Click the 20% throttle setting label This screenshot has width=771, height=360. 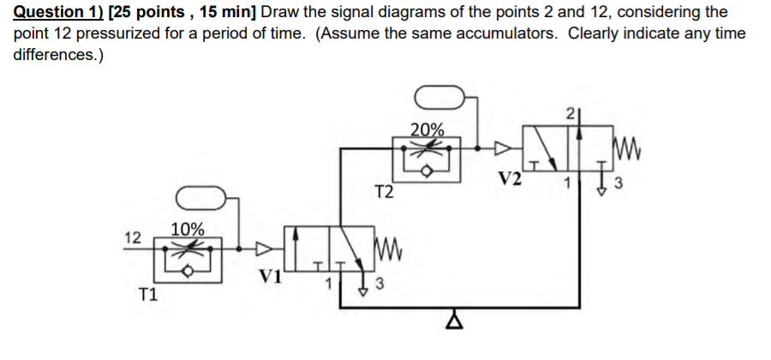427,130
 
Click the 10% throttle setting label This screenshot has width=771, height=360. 188,229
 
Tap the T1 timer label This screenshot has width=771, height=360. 147,296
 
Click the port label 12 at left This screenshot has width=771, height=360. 131,237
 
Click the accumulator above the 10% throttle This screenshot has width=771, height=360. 200,199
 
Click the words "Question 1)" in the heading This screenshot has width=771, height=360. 58,12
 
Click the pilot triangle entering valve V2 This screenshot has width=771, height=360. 506,147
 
